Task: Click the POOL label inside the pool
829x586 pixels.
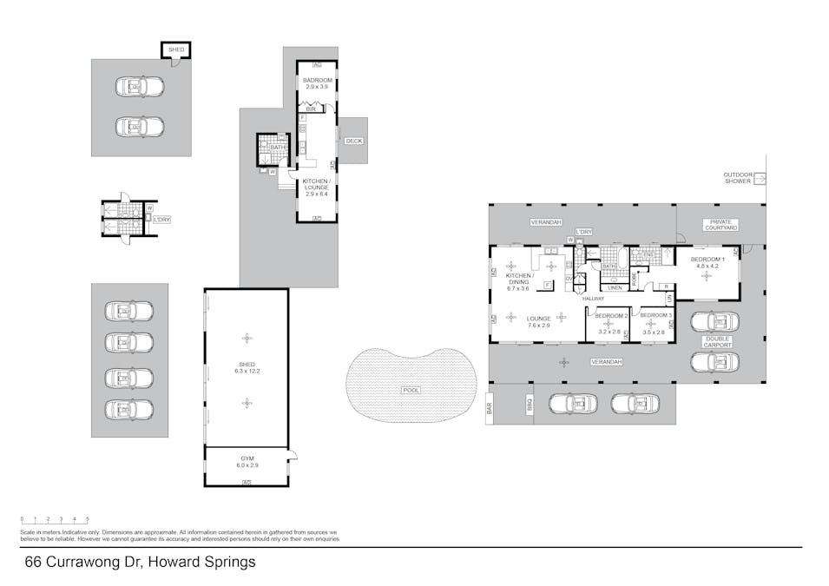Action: [x=411, y=390]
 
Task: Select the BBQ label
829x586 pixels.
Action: [x=529, y=404]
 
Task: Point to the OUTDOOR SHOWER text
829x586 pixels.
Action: [x=739, y=178]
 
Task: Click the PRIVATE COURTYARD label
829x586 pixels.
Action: [x=720, y=225]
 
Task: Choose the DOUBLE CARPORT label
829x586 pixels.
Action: [x=717, y=341]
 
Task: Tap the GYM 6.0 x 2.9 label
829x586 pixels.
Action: [x=247, y=461]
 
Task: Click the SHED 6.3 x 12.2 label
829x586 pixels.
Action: [x=247, y=367]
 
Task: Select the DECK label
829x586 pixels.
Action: [x=353, y=141]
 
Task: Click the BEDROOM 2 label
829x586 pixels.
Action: [x=610, y=319]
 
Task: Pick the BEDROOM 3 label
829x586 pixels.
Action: [x=655, y=319]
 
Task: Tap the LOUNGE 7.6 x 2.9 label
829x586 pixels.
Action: [x=538, y=321]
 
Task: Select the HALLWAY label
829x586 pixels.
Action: [x=593, y=299]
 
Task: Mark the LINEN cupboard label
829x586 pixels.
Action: [x=614, y=287]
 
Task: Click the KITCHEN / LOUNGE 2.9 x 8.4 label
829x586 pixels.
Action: [x=317, y=184]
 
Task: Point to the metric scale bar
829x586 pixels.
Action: [x=55, y=523]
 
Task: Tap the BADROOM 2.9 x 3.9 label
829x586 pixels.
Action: [x=317, y=83]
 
